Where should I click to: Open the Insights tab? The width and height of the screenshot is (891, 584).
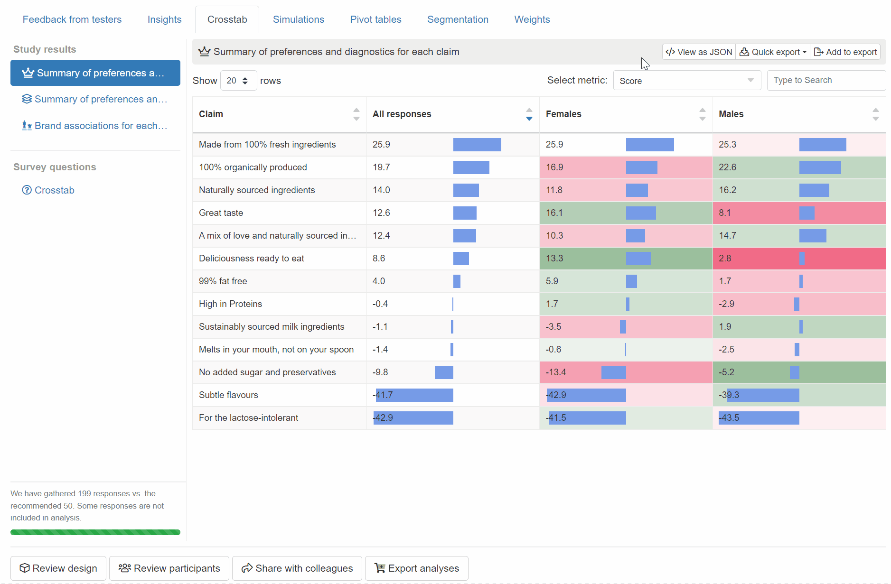click(x=164, y=19)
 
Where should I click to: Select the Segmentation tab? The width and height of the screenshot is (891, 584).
click(x=458, y=19)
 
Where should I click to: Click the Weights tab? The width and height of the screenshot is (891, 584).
click(x=532, y=19)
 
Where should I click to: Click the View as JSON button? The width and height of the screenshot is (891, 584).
click(x=699, y=52)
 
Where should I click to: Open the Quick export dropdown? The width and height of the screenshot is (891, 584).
click(x=773, y=52)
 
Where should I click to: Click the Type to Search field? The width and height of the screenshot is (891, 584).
click(x=826, y=81)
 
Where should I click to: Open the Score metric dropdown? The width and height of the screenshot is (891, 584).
click(x=686, y=81)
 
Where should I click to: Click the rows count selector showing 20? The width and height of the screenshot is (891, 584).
click(x=238, y=81)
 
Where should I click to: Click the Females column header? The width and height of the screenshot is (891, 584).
click(x=563, y=114)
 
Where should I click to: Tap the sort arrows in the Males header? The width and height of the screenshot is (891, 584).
click(x=875, y=114)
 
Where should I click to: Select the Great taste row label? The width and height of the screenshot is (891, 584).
click(x=221, y=213)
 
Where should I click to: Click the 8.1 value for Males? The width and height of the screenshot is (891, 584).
click(x=724, y=213)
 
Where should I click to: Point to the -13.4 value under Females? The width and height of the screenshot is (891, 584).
click(x=555, y=372)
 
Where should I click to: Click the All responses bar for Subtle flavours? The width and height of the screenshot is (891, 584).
click(x=414, y=395)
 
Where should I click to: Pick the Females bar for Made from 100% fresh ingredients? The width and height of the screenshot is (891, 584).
click(x=649, y=145)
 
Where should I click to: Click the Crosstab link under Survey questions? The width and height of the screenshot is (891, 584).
click(x=54, y=190)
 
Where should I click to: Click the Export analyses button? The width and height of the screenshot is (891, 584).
click(x=416, y=568)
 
